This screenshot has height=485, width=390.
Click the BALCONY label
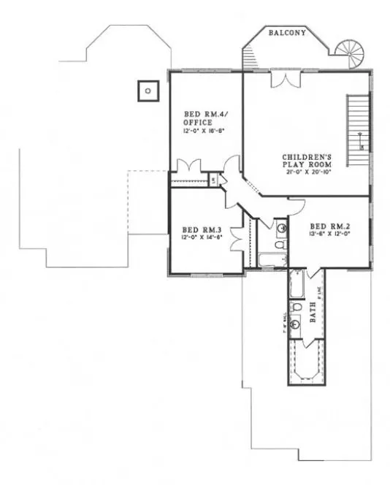(286, 34)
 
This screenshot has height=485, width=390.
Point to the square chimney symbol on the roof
(148, 91)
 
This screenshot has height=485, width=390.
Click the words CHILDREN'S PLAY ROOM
(307, 161)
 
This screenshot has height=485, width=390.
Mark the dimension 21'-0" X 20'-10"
(309, 172)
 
